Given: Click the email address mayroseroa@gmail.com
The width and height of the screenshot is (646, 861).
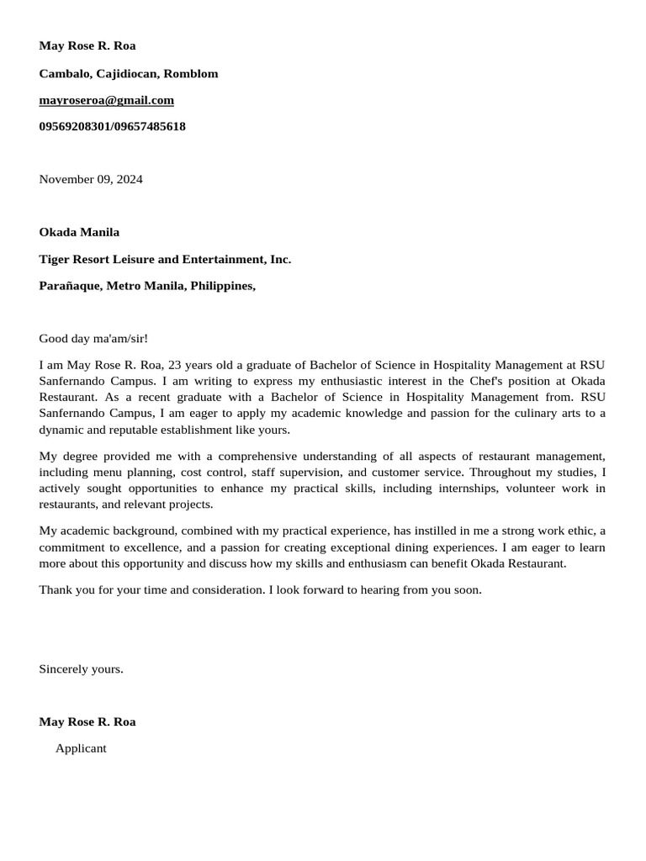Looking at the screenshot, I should point(106,100).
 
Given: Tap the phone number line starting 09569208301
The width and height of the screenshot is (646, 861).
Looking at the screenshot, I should point(112,126).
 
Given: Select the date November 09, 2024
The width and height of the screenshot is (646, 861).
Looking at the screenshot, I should point(91,179).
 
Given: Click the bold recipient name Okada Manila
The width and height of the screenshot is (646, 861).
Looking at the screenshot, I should point(79,232).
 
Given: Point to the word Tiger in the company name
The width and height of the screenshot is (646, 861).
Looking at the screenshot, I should point(55,259).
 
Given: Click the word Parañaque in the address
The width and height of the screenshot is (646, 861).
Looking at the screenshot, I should point(70,286).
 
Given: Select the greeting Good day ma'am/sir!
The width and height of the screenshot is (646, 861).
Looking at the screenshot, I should point(93,339).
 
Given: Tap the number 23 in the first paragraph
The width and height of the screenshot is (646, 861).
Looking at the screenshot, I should point(175,365).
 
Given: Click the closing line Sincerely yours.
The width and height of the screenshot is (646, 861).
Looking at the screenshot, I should point(81,669).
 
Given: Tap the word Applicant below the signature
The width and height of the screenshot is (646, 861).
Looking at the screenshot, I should point(81,748).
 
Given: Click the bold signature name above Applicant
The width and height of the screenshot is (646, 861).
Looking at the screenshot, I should point(87,721).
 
